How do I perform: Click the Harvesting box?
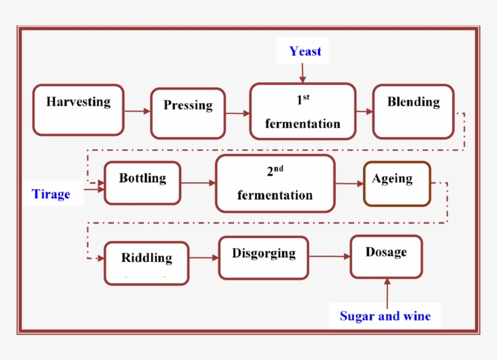click(x=78, y=110)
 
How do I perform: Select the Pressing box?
click(x=188, y=113)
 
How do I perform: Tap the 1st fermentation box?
click(x=302, y=112)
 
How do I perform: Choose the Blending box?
click(x=413, y=111)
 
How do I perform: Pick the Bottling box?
click(x=142, y=183)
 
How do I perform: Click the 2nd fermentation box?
click(x=275, y=184)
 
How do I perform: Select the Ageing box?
click(x=397, y=184)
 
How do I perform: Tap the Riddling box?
click(x=147, y=263)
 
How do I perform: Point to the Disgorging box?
click(x=264, y=258)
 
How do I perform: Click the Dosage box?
click(x=386, y=257)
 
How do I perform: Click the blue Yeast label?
click(x=305, y=52)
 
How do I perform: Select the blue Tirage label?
click(x=51, y=195)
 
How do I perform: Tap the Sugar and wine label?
click(x=385, y=316)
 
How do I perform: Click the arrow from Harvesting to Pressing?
click(x=138, y=111)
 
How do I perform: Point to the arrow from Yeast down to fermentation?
click(x=302, y=72)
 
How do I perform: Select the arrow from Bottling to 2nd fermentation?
click(x=198, y=182)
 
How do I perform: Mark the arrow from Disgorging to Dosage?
click(x=330, y=256)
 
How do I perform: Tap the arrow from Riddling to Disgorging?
click(x=204, y=258)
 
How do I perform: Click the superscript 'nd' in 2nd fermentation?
click(x=278, y=169)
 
